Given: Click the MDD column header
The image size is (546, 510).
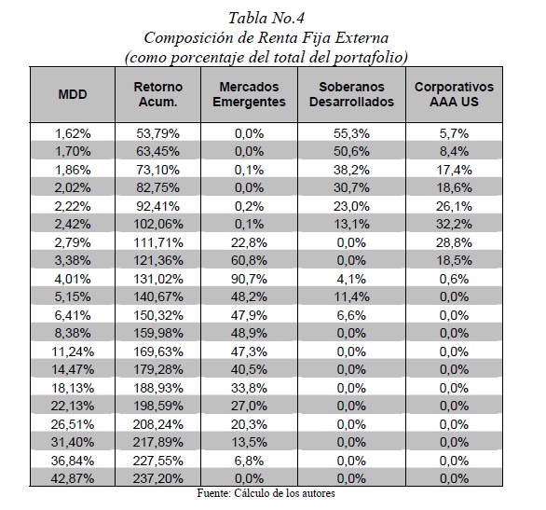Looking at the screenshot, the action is click(x=73, y=94).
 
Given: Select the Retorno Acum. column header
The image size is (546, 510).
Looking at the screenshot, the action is click(x=158, y=94).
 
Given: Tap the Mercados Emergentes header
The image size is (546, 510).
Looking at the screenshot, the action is click(x=249, y=94).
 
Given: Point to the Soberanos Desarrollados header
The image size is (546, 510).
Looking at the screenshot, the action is click(x=351, y=94).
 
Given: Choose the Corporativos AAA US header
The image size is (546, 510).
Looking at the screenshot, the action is click(x=454, y=94).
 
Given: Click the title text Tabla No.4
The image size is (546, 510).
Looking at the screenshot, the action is click(x=266, y=18).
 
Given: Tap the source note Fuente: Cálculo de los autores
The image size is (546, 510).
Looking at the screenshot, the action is click(x=266, y=493).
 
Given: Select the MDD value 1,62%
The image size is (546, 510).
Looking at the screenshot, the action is click(x=73, y=133).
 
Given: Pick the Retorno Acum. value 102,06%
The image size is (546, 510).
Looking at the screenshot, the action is click(x=158, y=224).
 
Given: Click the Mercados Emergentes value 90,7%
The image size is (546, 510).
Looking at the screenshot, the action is click(x=249, y=279).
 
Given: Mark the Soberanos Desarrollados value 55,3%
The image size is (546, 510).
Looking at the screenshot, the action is click(x=351, y=133).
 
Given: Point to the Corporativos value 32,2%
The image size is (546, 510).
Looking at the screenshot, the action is click(x=454, y=224).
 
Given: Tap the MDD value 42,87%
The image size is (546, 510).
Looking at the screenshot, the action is click(x=73, y=478).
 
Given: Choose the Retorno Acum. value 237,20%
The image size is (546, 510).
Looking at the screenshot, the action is click(x=158, y=478).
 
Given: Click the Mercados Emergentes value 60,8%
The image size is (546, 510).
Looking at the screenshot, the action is click(x=249, y=260).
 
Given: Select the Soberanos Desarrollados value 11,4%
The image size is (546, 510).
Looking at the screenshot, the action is click(x=351, y=296).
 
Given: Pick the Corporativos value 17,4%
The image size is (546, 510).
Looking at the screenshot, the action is click(x=455, y=170).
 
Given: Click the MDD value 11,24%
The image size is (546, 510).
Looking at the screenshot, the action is click(x=73, y=351).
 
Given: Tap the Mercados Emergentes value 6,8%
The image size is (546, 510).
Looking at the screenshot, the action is click(x=249, y=461).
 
